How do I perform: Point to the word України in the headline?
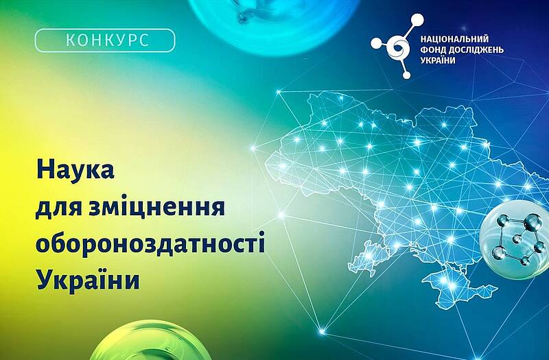89,279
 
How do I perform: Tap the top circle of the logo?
417,20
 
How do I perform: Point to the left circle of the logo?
375,43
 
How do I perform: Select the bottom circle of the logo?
406,75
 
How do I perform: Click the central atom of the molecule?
517,239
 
